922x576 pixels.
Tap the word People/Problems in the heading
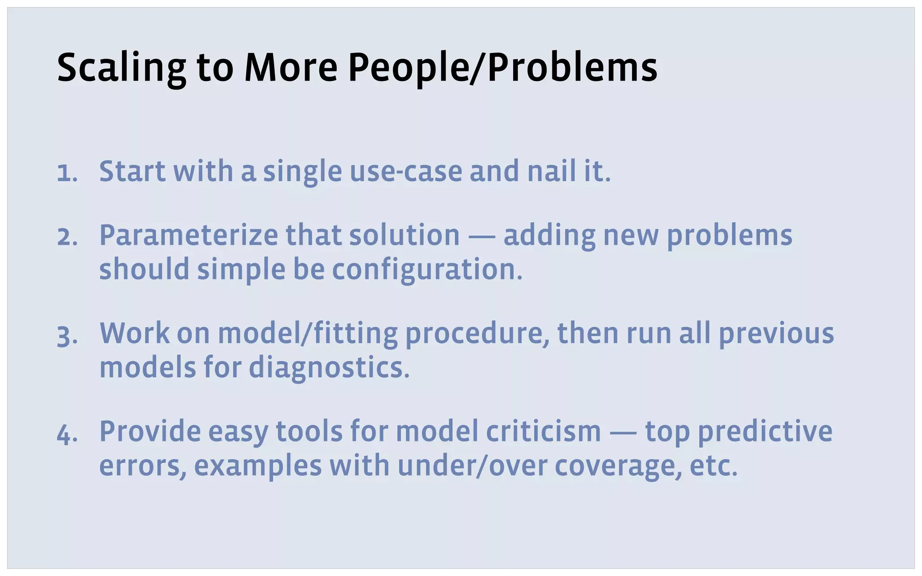502,68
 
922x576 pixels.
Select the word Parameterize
188,236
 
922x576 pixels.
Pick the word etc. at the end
713,466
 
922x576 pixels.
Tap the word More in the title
291,68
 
